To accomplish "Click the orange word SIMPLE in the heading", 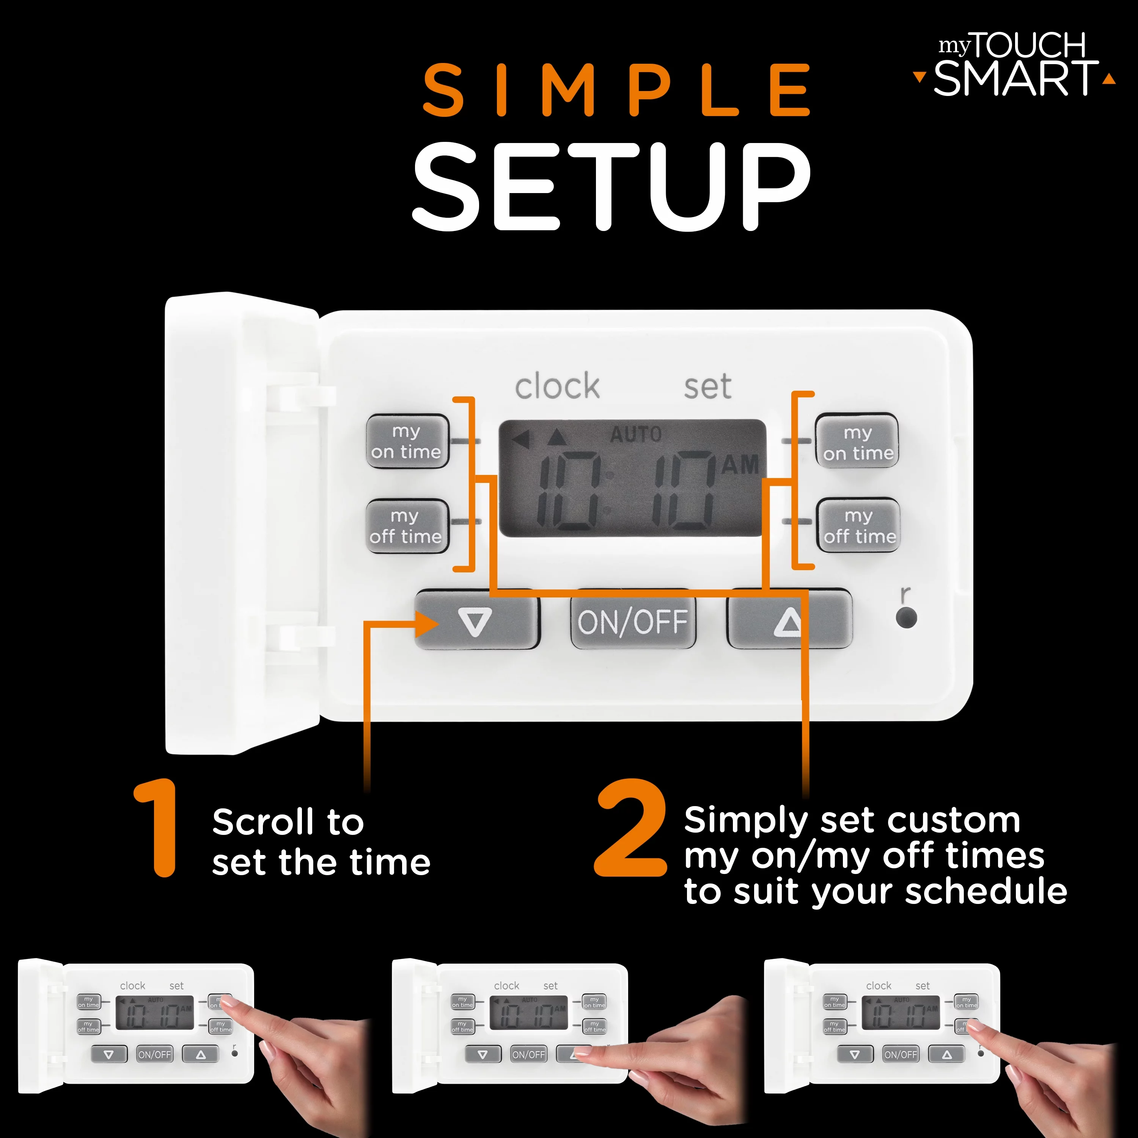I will pos(616,90).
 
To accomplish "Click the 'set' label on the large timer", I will pos(707,387).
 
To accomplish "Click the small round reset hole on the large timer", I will pos(906,618).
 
